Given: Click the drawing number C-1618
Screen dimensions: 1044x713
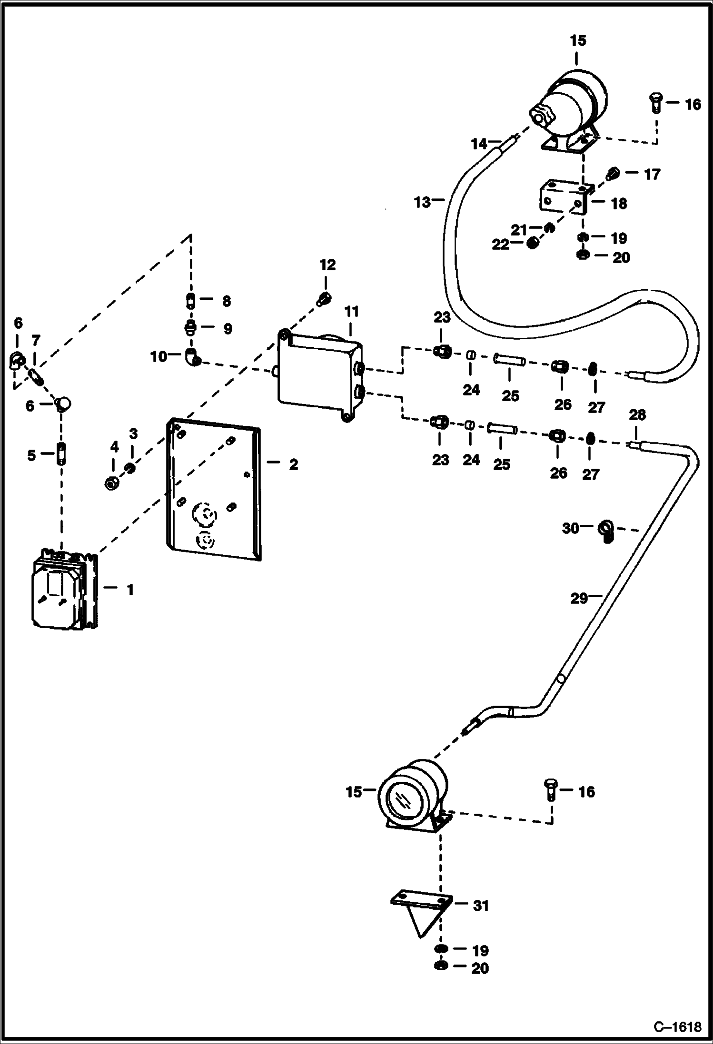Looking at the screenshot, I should [677, 1026].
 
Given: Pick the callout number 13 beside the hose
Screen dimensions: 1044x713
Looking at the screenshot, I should [422, 202].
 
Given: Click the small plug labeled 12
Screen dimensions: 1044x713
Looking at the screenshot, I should [324, 299].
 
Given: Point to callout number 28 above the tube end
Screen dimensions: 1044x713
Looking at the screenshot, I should [637, 415].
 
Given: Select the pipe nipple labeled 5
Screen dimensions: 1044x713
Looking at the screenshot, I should [61, 454].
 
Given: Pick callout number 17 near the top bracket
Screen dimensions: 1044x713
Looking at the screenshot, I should [652, 175].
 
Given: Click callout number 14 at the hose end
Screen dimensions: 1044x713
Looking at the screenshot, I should [480, 143].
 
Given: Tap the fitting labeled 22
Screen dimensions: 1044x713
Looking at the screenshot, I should [533, 244].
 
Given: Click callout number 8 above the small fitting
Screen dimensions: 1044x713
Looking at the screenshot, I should [227, 301].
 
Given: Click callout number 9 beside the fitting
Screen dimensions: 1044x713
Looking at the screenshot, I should [228, 328].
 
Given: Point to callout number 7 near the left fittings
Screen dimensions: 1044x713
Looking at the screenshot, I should [36, 341].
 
